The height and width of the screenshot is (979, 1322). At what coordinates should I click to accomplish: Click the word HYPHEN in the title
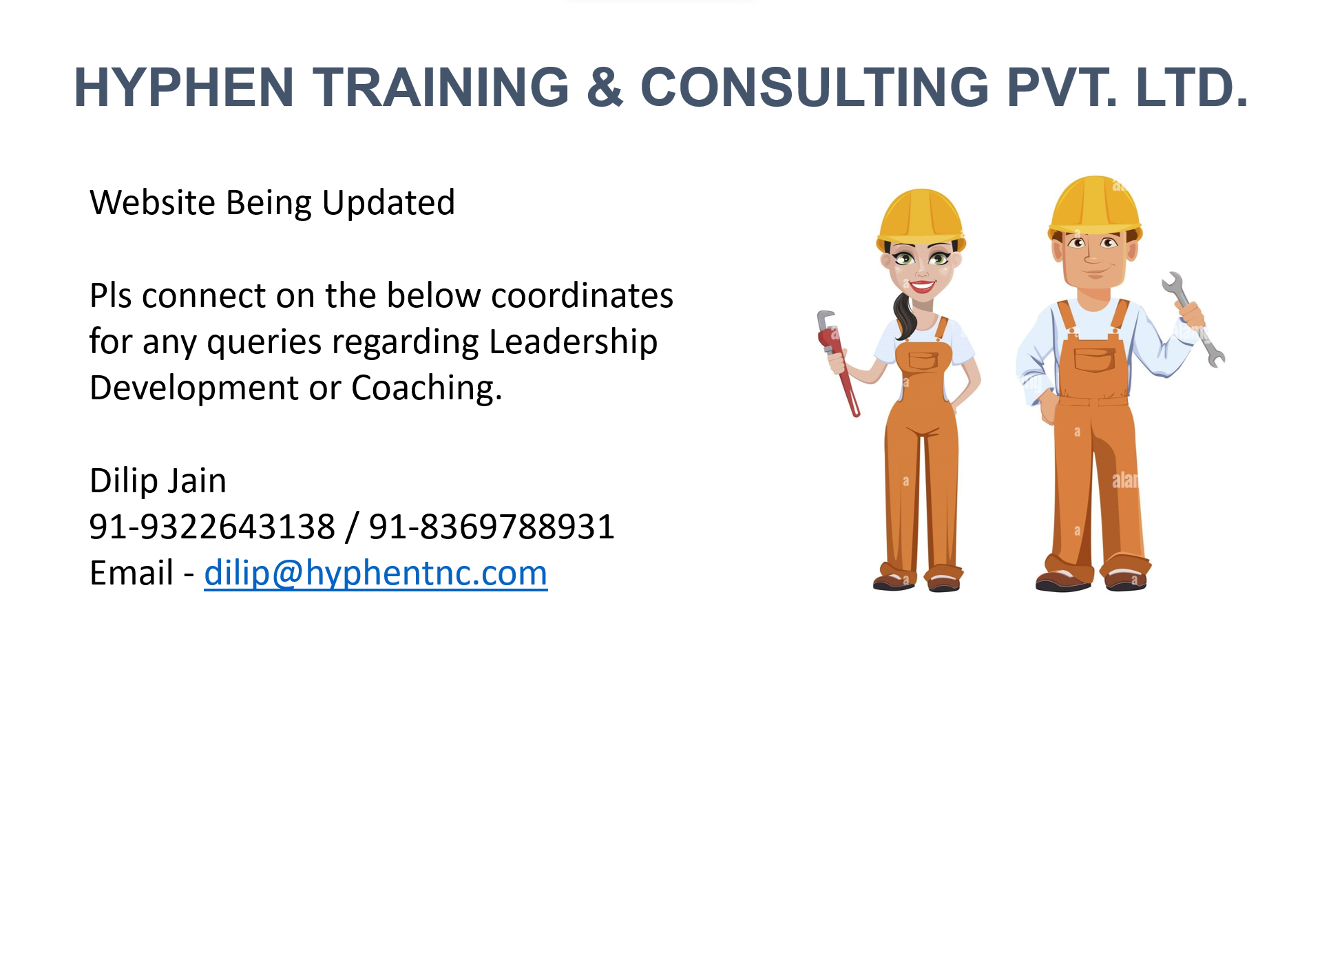185,87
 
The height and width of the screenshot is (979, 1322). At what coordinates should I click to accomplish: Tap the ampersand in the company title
605,87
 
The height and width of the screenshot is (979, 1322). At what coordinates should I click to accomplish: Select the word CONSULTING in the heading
815,87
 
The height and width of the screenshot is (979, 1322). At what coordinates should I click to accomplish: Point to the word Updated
388,203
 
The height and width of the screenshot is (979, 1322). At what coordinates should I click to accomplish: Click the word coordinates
582,295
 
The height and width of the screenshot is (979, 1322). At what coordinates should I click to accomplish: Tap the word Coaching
427,388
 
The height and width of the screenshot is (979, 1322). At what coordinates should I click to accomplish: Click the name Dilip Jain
158,481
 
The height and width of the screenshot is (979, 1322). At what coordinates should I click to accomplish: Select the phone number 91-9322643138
212,527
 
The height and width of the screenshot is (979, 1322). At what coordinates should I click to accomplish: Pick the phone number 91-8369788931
492,527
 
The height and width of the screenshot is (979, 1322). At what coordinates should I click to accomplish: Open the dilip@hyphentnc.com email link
376,573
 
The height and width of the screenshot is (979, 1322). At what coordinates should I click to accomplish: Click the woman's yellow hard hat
921,218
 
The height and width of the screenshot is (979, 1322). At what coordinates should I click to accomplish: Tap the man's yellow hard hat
1095,206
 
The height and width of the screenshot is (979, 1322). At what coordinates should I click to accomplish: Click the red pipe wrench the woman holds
837,364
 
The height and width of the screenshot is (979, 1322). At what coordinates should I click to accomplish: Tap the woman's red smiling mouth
921,286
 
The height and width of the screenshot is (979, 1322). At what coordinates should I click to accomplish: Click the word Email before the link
132,573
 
